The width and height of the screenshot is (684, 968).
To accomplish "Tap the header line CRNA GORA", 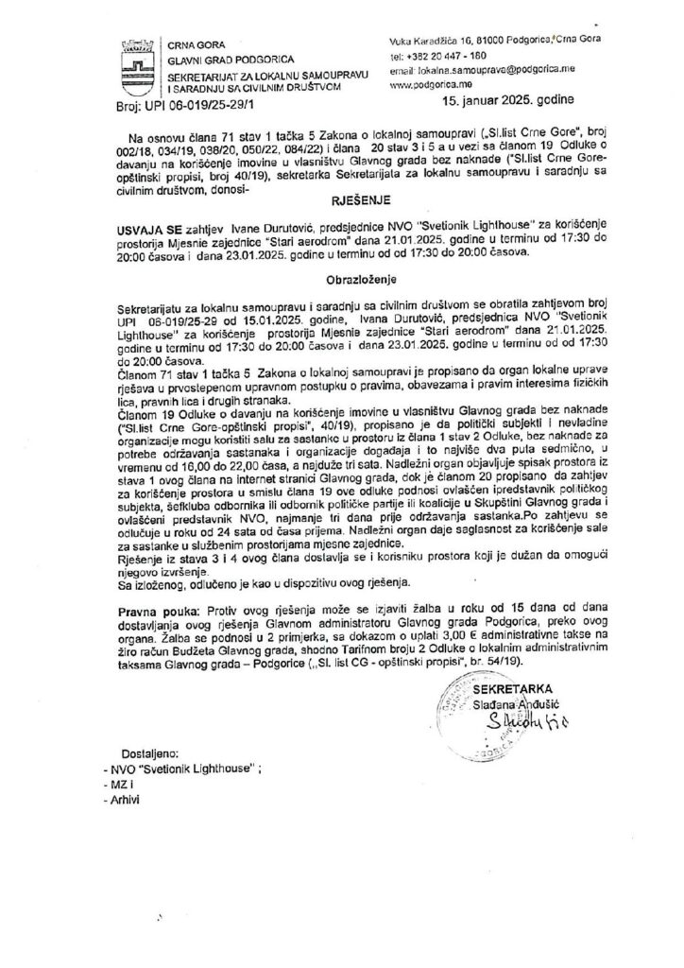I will [x=193, y=44].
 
